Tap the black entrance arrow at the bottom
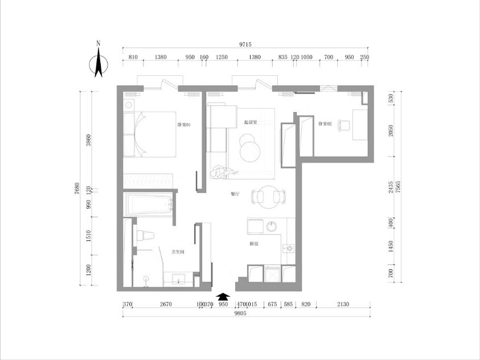pos(224,296)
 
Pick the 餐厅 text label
pos(235,194)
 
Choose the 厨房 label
pos(254,244)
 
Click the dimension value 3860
pos(88,140)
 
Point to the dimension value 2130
pos(342,305)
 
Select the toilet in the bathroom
pos(145,235)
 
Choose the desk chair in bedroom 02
pos(343,125)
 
